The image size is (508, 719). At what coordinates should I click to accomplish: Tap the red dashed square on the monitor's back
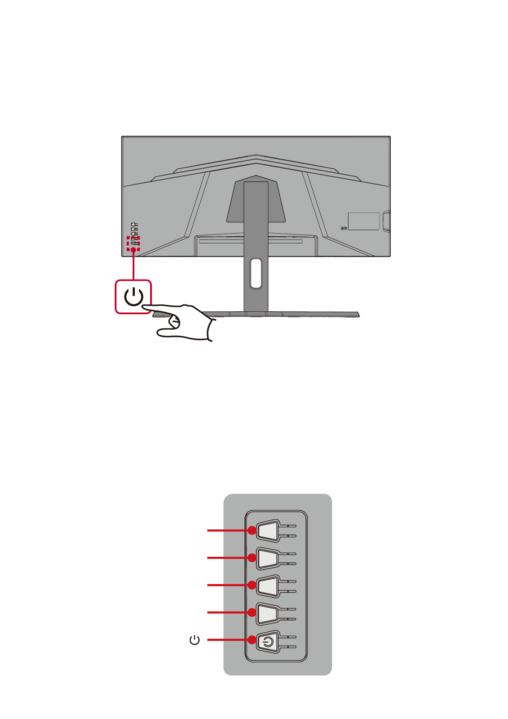[x=134, y=243]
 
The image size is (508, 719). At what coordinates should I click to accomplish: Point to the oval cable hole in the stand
[x=256, y=273]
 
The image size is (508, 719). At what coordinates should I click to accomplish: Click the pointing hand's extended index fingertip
[x=145, y=306]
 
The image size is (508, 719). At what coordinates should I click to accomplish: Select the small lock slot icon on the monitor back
[x=344, y=228]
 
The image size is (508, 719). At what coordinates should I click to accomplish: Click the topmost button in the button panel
[x=268, y=531]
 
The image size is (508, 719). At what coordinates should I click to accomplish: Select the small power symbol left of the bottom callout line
[x=194, y=640]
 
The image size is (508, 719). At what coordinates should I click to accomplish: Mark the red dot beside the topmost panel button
[x=252, y=531]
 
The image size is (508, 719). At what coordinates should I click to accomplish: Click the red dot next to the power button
[x=252, y=640]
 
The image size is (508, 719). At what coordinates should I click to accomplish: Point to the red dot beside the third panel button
[x=252, y=585]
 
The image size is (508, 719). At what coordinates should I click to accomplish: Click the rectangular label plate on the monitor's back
[x=364, y=221]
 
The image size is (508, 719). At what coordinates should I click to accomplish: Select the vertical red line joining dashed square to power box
[x=134, y=265]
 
